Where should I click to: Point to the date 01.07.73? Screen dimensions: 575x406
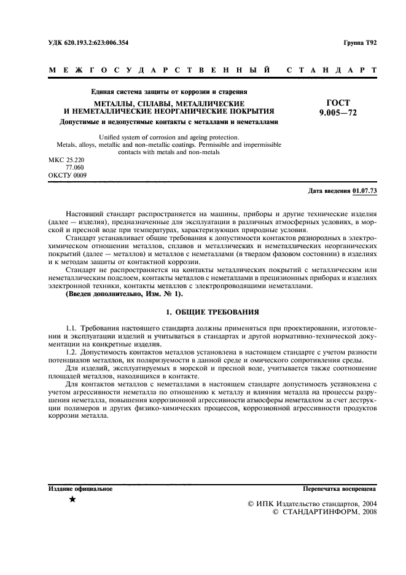tap(365, 191)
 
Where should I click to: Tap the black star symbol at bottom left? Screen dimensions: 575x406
tap(72, 500)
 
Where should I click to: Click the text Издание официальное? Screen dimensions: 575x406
tap(80, 489)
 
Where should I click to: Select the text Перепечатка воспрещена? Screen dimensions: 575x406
tap(340, 489)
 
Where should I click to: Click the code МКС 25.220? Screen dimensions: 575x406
tap(66, 160)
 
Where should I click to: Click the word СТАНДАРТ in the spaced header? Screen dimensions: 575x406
tap(332, 70)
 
